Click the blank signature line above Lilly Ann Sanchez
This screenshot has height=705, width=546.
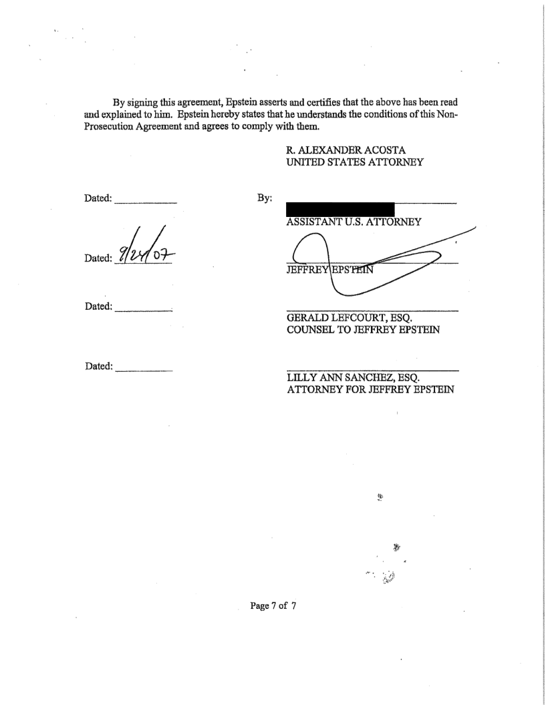pos(372,370)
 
